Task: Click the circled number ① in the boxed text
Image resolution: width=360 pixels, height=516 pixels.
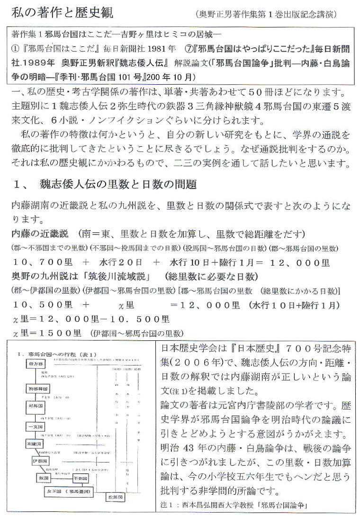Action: (15, 49)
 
